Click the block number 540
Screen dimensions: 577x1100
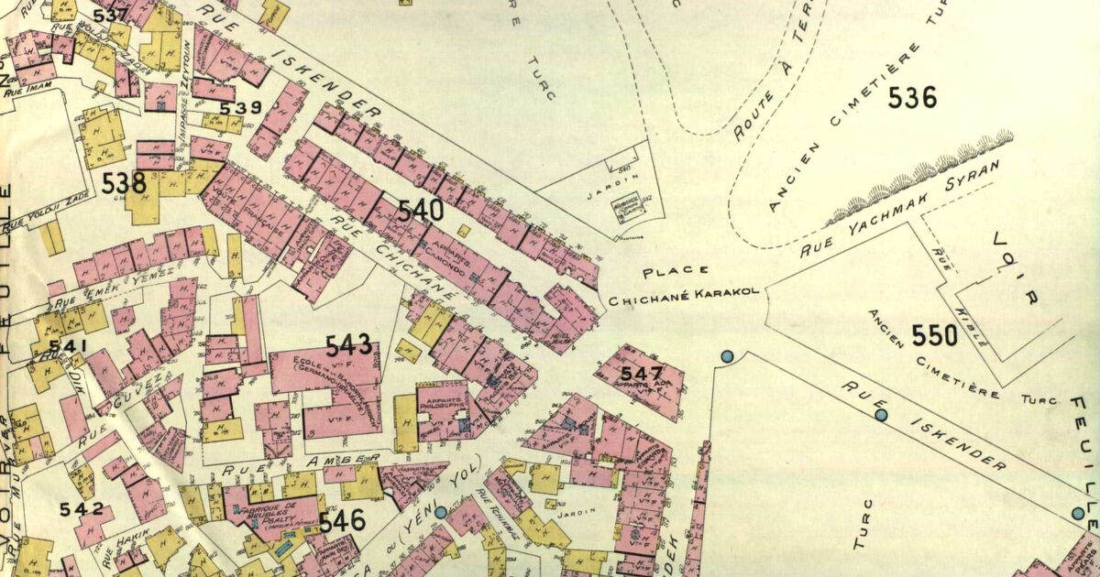[x=422, y=212]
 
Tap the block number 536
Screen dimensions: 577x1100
[x=912, y=96]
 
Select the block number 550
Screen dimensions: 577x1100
[x=934, y=335]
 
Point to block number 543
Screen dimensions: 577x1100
[x=349, y=345]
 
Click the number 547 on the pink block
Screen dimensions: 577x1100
[x=641, y=373]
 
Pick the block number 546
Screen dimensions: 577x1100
[x=343, y=521]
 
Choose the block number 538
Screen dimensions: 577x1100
[x=124, y=183]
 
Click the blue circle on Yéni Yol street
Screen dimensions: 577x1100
[x=441, y=513]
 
